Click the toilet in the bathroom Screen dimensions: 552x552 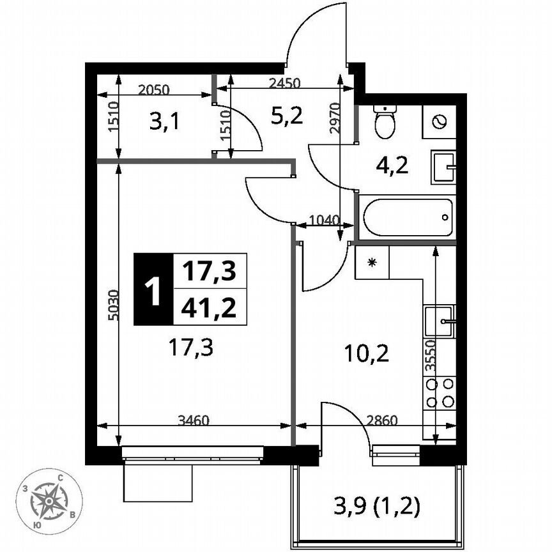(x=385, y=123)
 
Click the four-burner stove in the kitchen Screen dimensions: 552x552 (x=440, y=392)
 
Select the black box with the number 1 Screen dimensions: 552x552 (x=153, y=289)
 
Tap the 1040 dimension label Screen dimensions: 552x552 (x=323, y=220)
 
